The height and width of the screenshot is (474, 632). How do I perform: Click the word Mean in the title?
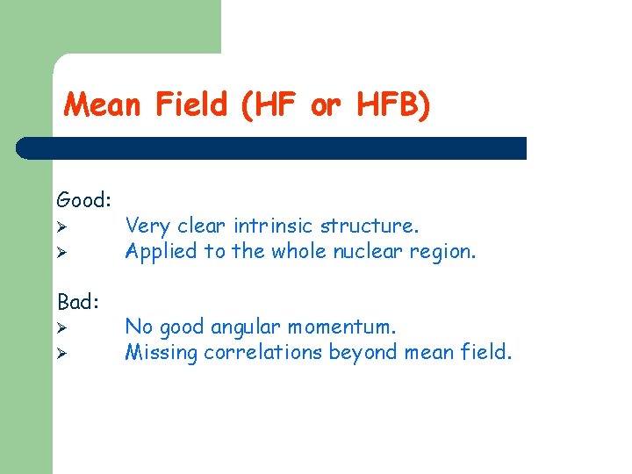pos(103,105)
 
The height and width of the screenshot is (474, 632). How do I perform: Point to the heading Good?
pos(83,200)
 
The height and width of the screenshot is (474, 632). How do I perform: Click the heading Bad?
pos(78,302)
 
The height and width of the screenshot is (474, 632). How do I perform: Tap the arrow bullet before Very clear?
pos(61,227)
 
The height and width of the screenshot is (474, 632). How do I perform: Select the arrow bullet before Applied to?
pos(61,252)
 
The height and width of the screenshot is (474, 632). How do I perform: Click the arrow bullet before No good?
pos(61,328)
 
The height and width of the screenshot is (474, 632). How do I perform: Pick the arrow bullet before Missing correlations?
pos(61,354)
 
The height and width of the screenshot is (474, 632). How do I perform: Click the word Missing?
pos(162,353)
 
